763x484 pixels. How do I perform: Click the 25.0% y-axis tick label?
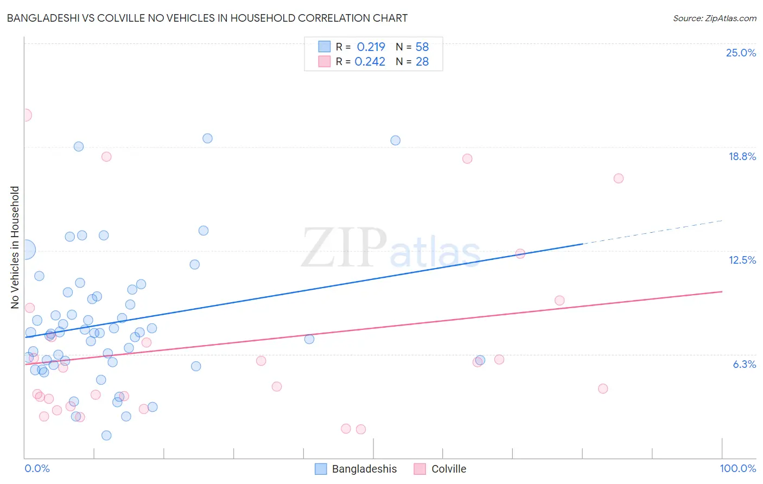tap(741, 53)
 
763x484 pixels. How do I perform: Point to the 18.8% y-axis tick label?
tap(742, 156)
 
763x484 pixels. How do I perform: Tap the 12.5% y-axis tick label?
tap(742, 260)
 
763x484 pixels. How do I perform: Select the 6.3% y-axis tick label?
tap(744, 364)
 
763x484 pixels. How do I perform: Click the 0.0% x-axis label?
tap(37, 468)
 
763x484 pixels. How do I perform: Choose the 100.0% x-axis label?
tap(737, 468)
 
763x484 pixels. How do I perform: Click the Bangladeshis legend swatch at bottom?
tap(321, 469)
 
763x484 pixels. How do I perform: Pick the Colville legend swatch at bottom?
tap(419, 469)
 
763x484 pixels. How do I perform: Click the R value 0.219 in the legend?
tap(371, 47)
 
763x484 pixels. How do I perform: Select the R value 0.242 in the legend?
tap(370, 61)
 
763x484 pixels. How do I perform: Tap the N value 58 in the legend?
tap(422, 47)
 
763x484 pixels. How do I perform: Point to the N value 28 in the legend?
tap(422, 61)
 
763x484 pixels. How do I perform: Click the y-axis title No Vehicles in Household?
tap(15, 247)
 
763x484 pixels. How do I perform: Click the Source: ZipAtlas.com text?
tap(714, 18)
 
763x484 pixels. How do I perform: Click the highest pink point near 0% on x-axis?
tap(25, 115)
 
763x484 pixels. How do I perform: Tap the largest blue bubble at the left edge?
tap(25, 250)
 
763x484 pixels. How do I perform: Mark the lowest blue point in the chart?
tap(106, 435)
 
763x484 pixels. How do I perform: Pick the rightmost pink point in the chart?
tap(618, 179)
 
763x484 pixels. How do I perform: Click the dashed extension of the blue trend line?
tap(651, 232)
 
